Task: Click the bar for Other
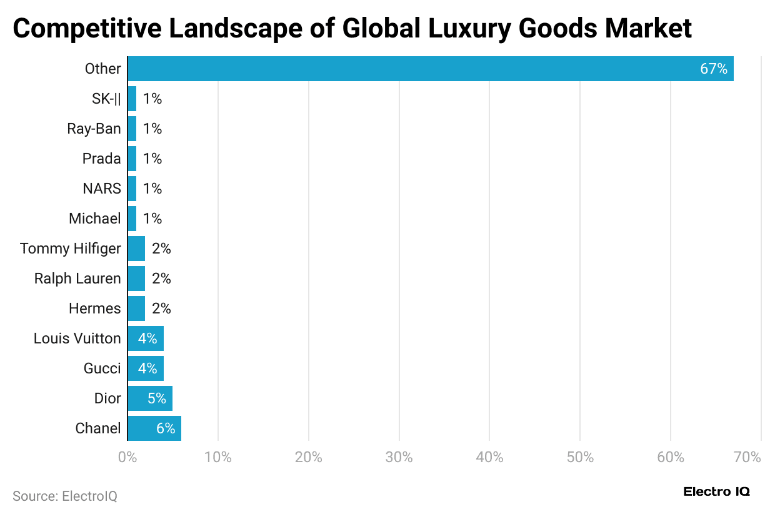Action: click(x=430, y=69)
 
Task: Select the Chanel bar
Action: click(x=154, y=428)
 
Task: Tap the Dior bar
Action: click(x=150, y=398)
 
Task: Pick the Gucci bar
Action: click(x=146, y=368)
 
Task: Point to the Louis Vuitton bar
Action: click(x=146, y=338)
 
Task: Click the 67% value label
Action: click(x=713, y=69)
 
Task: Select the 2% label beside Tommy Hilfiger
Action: click(x=161, y=249)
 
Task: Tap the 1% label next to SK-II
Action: click(x=152, y=99)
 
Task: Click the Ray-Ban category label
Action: click(x=94, y=129)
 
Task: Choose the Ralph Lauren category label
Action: click(x=77, y=278)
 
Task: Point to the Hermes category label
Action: click(x=94, y=308)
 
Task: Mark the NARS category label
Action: click(x=102, y=189)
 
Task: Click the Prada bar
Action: click(x=132, y=159)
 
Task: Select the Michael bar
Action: click(x=132, y=219)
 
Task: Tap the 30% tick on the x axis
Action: click(x=399, y=457)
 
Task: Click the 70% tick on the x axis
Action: click(x=748, y=457)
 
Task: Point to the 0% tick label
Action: click(x=127, y=457)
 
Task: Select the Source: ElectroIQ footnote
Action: click(x=65, y=496)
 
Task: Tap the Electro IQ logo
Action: click(x=716, y=491)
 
